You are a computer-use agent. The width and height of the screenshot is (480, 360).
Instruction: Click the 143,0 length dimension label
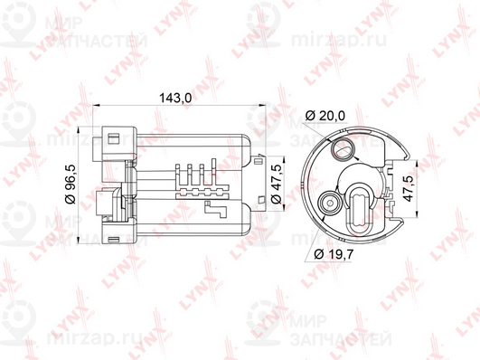[175, 98]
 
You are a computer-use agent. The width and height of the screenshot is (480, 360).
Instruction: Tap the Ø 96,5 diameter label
[71, 185]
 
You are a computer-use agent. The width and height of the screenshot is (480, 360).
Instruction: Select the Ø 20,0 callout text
[325, 116]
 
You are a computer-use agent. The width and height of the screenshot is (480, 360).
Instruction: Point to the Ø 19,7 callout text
[334, 254]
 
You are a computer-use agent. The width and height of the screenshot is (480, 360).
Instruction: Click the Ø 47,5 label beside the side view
[277, 185]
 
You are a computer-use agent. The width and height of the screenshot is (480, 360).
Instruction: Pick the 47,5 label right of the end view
[409, 188]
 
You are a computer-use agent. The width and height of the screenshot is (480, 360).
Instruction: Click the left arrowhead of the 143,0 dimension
[97, 106]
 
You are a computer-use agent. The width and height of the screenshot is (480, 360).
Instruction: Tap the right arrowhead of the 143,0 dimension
[262, 106]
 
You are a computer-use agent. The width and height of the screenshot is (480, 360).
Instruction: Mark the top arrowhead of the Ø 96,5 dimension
[80, 130]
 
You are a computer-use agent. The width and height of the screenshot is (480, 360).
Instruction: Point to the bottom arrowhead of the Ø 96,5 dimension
[80, 240]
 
